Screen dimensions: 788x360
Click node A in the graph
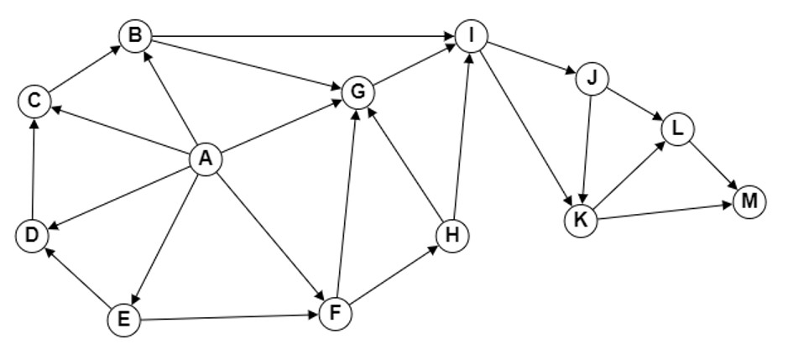[206, 159]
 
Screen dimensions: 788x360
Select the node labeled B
[135, 36]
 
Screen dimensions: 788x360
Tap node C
[34, 101]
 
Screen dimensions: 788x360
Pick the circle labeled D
[32, 235]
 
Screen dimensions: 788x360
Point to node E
[124, 319]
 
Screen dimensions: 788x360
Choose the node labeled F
[335, 314]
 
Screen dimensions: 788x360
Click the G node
[357, 92]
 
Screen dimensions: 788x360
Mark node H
[452, 235]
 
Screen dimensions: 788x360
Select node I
[472, 36]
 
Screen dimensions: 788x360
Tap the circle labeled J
[592, 79]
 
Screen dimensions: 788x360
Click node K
[581, 220]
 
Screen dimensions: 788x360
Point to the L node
[677, 129]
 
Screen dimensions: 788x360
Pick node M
[749, 202]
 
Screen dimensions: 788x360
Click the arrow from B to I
[304, 36]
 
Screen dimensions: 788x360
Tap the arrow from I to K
[526, 128]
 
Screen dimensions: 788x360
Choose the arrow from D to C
[34, 168]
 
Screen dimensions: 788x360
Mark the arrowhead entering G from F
[355, 115]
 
